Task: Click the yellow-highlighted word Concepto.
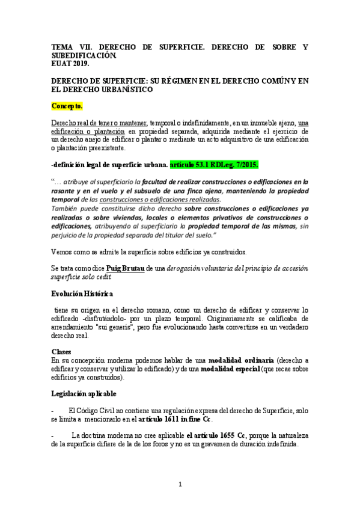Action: [x=67, y=106]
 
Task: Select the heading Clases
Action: [x=62, y=351]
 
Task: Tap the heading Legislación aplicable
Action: [x=85, y=393]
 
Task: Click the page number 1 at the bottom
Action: [x=180, y=485]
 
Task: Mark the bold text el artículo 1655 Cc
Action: [x=216, y=434]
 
